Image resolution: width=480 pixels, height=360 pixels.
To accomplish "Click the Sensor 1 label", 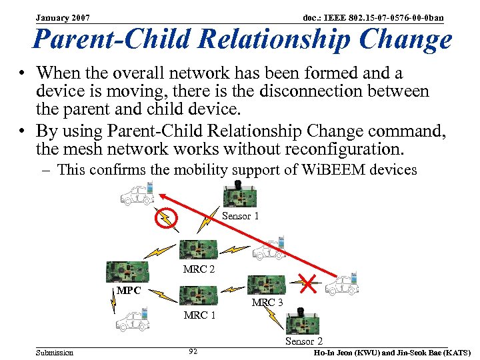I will [240, 216].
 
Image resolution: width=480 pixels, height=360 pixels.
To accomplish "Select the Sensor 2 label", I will [304, 341].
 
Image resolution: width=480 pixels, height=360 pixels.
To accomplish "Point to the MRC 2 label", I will [199, 269].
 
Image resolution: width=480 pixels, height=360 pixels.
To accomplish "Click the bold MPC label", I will [129, 291].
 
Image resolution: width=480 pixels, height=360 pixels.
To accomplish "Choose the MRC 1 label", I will [199, 315].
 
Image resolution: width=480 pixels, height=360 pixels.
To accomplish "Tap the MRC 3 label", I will [267, 302].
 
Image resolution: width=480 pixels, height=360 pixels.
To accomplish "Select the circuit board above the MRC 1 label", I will [199, 295].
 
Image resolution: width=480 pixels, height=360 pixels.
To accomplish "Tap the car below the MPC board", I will [132, 321].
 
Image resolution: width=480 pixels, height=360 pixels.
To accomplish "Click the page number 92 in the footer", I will [193, 351].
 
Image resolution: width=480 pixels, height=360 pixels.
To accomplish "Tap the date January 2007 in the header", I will [63, 17].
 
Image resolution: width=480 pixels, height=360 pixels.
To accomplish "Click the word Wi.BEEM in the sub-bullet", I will [340, 170].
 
